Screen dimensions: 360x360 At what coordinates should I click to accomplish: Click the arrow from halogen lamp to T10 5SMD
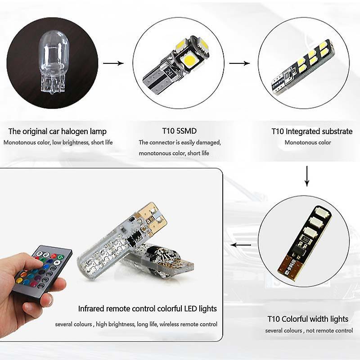[113, 63]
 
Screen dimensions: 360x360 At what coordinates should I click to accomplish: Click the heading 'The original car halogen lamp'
[58, 131]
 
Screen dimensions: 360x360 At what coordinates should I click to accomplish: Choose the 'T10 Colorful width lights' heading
[308, 319]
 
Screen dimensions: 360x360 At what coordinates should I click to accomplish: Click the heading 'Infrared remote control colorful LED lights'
[148, 309]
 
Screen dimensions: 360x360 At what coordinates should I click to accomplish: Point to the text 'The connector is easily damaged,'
[180, 143]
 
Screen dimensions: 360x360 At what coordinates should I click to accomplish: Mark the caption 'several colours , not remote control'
[309, 331]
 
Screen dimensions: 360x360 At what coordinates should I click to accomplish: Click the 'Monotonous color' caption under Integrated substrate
[308, 143]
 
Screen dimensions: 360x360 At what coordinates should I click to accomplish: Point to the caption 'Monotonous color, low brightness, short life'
[58, 143]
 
